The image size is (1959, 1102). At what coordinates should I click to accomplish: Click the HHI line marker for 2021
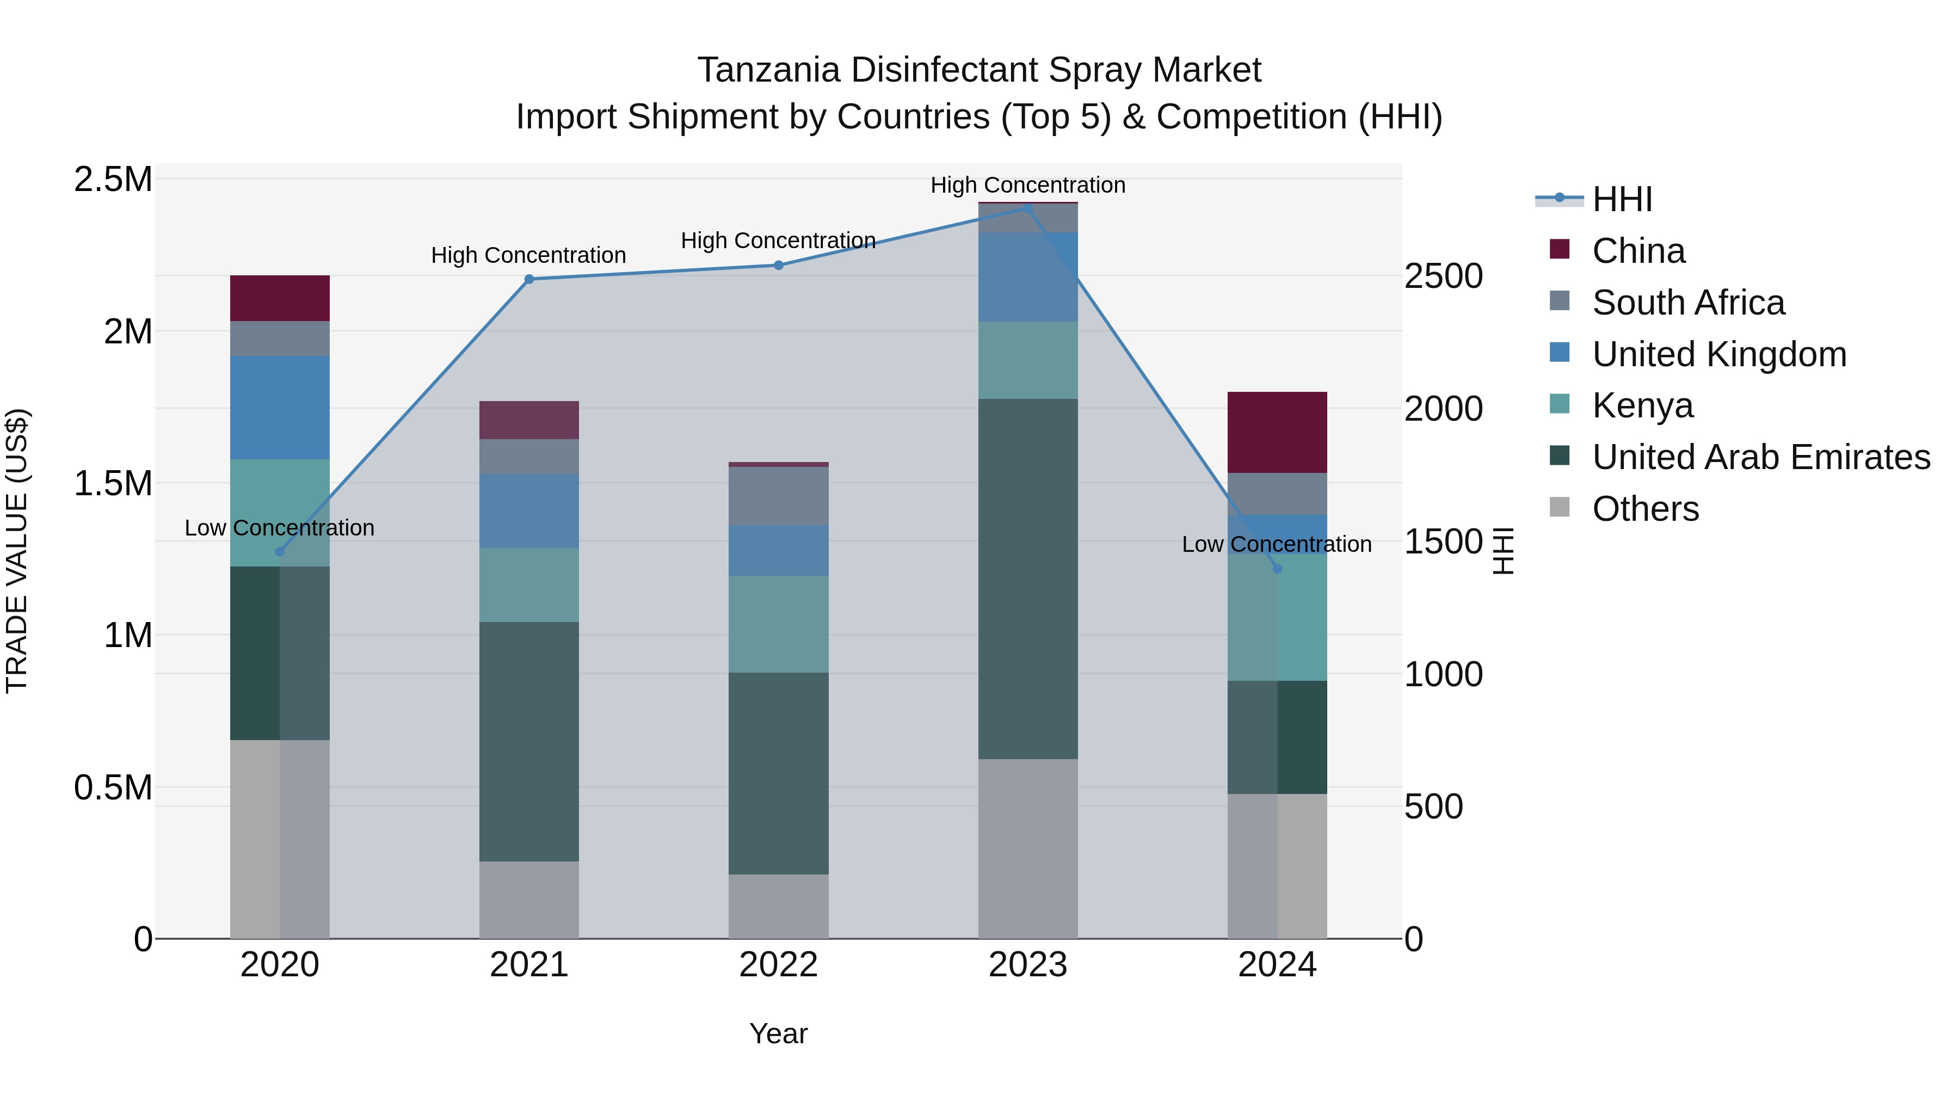pos(529,279)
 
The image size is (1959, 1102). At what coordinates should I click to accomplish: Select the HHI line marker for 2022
pos(778,266)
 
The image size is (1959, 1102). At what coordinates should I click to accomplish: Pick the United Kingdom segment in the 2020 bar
pos(279,408)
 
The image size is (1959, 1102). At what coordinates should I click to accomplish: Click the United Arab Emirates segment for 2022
pos(778,773)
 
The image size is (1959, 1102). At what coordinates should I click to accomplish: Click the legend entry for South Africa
pos(1687,303)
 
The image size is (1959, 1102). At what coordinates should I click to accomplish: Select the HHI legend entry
pos(1622,199)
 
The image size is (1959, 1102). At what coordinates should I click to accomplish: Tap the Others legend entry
pos(1645,509)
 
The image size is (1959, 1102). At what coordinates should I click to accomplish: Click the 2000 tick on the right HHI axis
pos(1443,409)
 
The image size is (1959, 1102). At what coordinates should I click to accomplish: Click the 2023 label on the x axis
pos(1027,965)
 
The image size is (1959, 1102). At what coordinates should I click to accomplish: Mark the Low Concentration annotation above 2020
pos(279,528)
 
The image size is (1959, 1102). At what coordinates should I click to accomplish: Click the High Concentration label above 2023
pos(1027,185)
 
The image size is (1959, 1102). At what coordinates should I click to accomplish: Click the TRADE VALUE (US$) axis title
pos(17,551)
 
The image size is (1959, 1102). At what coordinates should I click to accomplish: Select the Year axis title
pos(778,1033)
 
